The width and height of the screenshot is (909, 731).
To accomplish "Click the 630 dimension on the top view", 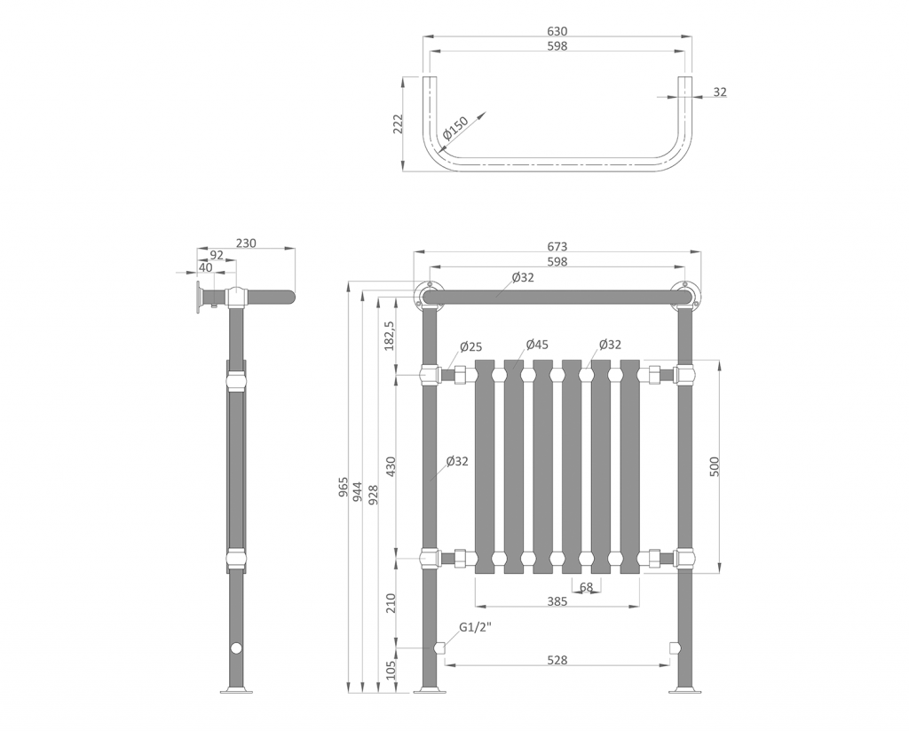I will pyautogui.click(x=557, y=31).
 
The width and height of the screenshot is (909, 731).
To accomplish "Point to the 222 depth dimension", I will pyautogui.click(x=399, y=123).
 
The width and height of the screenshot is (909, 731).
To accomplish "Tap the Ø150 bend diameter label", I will pyautogui.click(x=454, y=130).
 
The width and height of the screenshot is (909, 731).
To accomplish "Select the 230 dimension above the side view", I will pyautogui.click(x=246, y=243).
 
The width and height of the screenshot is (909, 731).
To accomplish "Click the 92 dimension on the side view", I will pyautogui.click(x=217, y=255).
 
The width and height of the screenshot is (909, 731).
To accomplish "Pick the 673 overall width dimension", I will pyautogui.click(x=557, y=247).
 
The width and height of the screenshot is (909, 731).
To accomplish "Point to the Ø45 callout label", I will pyautogui.click(x=537, y=344).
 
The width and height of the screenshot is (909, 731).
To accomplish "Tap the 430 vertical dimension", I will pyautogui.click(x=391, y=466).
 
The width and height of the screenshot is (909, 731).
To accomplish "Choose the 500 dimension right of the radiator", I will pyautogui.click(x=715, y=465).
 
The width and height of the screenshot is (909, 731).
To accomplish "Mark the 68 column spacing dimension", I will pyautogui.click(x=586, y=587).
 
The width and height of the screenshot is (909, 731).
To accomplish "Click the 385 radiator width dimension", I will pyautogui.click(x=557, y=601).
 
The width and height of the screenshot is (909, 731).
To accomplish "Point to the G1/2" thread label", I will pyautogui.click(x=475, y=628).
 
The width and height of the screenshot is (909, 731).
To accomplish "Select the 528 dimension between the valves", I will pyautogui.click(x=557, y=660).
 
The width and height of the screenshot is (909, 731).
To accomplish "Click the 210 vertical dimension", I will pyautogui.click(x=391, y=604).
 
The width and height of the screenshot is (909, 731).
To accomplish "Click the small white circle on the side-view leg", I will pyautogui.click(x=236, y=648).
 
